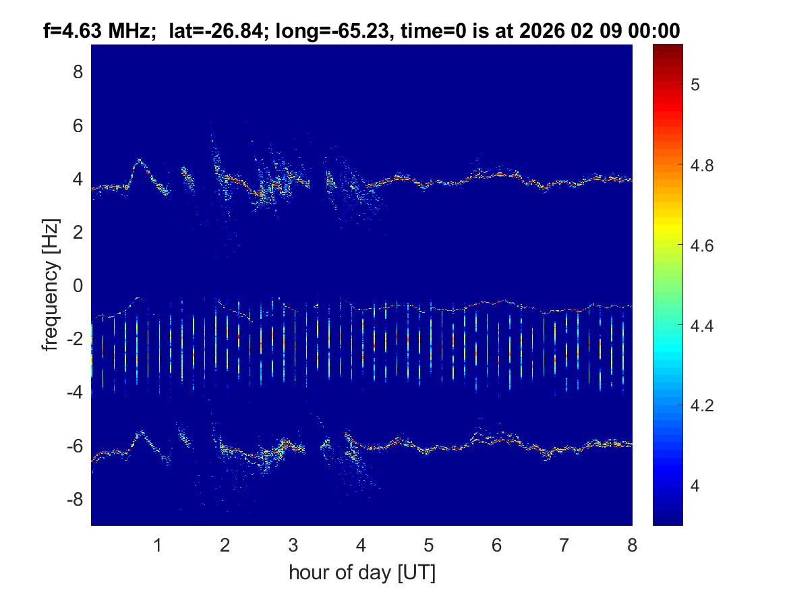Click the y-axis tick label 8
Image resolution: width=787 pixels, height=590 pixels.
click(x=78, y=71)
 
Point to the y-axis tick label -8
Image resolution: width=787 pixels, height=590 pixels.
click(x=75, y=499)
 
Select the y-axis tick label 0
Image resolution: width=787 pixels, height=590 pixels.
click(x=78, y=285)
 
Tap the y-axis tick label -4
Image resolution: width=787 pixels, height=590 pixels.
click(x=75, y=392)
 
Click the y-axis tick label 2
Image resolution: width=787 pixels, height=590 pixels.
click(x=78, y=232)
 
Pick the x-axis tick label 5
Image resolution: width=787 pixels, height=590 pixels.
click(x=429, y=545)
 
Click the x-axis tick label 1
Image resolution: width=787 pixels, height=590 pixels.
click(x=158, y=545)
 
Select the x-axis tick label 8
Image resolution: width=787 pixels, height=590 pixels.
click(x=632, y=545)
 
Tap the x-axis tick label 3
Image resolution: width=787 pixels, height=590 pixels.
click(x=293, y=545)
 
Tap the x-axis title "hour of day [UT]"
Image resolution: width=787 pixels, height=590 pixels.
click(x=361, y=572)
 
